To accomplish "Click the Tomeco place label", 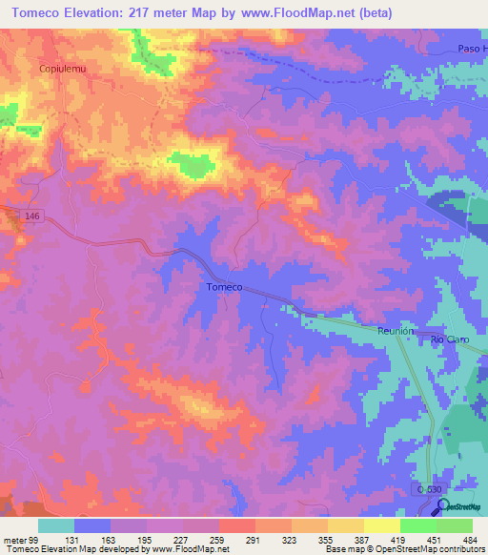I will coord(224,287).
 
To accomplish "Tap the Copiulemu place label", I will coord(62,69).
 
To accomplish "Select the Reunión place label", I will coord(395,331).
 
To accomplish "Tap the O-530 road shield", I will coord(429,488).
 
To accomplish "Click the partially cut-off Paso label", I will coord(469,49).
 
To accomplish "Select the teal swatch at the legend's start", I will coord(56,525).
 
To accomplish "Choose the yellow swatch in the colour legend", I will coord(382,525).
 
